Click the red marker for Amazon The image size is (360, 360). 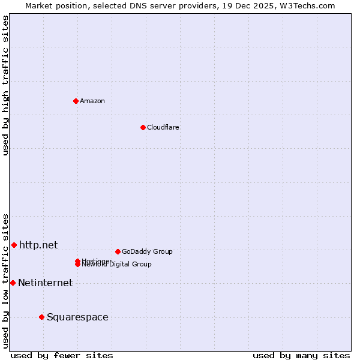pos(76,101)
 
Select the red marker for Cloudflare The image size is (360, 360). pos(143,127)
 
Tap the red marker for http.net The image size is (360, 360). pos(14,245)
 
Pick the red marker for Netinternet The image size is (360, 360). pos(13,283)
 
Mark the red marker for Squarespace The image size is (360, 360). pos(41,317)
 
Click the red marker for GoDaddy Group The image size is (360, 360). pos(118,251)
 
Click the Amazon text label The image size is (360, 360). pos(92,101)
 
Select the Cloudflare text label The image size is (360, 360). pos(163,127)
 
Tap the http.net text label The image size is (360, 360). pos(38,245)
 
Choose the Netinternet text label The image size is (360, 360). pos(45,283)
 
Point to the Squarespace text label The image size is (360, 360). pos(77,317)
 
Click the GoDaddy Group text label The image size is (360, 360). pos(147,251)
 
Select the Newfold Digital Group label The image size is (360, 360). pos(118,265)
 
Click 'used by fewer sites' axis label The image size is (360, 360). pos(62,355)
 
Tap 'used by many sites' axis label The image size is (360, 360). pos(301,355)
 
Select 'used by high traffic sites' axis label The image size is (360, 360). pos(6,85)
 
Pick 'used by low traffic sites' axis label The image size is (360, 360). pos(6,281)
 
